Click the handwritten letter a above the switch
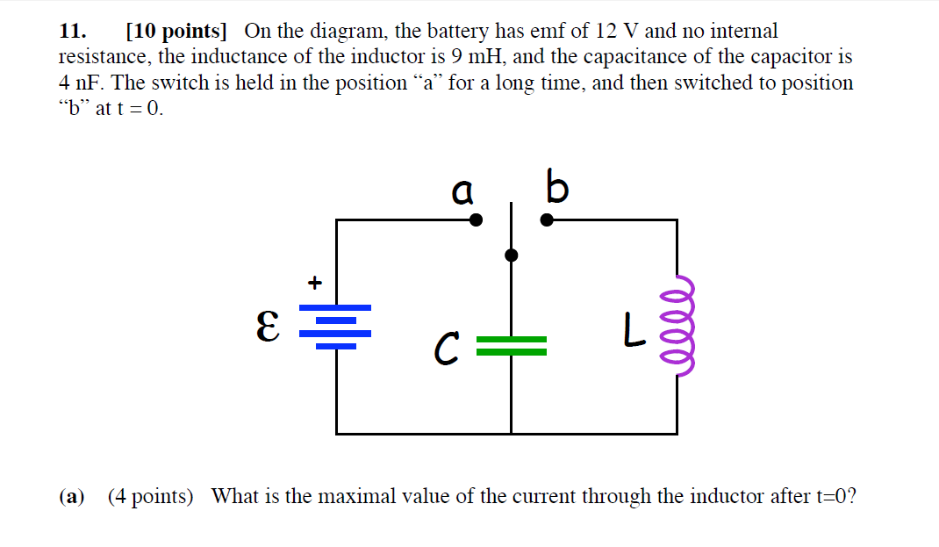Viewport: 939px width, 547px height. [462, 189]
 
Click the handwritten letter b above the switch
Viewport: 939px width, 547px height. [556, 187]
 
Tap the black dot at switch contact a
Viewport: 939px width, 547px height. [476, 220]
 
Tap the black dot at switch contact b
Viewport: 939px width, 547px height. [546, 220]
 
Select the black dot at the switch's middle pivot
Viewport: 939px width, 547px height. [512, 256]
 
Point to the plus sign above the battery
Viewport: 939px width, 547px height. [314, 283]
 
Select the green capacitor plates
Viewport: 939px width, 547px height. [512, 346]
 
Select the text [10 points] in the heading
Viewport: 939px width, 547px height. [176, 32]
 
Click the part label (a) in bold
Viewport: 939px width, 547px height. [71, 497]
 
